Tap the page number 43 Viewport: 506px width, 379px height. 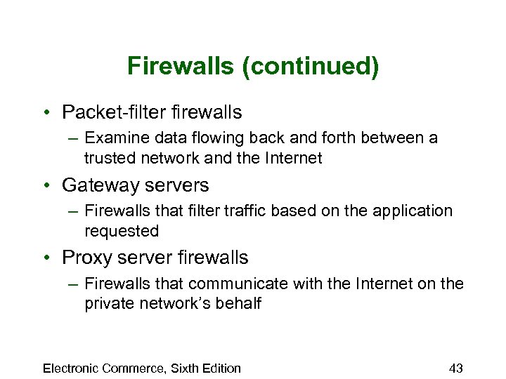coord(455,368)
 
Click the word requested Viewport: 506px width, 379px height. coord(122,231)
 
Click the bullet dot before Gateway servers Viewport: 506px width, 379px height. coord(46,186)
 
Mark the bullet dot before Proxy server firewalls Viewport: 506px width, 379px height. coord(46,258)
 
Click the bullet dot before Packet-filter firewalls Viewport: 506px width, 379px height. coord(46,113)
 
